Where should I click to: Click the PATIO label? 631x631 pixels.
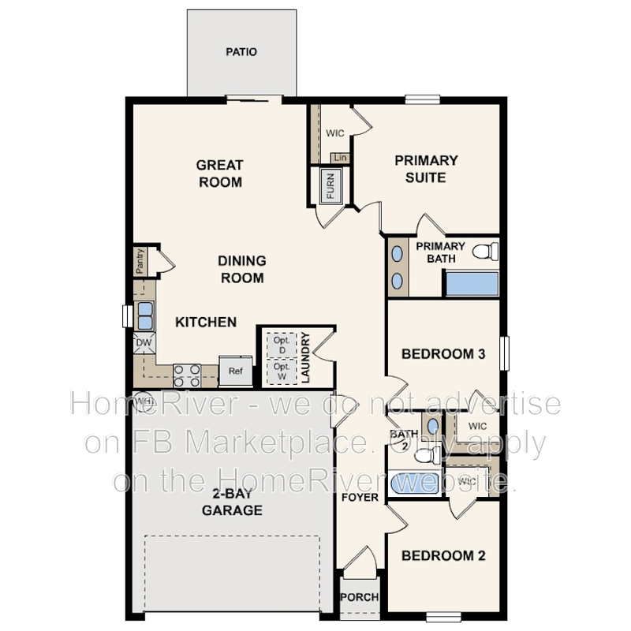tap(241, 53)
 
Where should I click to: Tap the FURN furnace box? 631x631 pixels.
tap(330, 186)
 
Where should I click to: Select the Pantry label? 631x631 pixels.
tap(140, 261)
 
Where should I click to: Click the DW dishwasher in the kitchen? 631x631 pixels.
tap(144, 343)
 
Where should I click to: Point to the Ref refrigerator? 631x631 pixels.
tap(235, 371)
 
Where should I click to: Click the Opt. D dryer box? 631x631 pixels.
tap(282, 345)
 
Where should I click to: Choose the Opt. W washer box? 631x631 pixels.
tap(282, 371)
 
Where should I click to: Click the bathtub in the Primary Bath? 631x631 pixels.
tap(472, 284)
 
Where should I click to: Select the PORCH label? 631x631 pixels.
tap(359, 597)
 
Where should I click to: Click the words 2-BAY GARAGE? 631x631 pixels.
tap(232, 502)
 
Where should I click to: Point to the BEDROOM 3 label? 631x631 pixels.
tap(443, 354)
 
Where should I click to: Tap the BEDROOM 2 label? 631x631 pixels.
tap(443, 555)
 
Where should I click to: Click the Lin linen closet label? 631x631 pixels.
tap(340, 158)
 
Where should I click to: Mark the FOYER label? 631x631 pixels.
tap(360, 498)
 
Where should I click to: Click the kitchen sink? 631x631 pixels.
tap(145, 315)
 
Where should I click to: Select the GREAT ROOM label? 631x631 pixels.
tap(219, 174)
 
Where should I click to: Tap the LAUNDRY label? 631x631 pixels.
tap(305, 357)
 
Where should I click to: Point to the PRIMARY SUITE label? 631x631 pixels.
tap(426, 169)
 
